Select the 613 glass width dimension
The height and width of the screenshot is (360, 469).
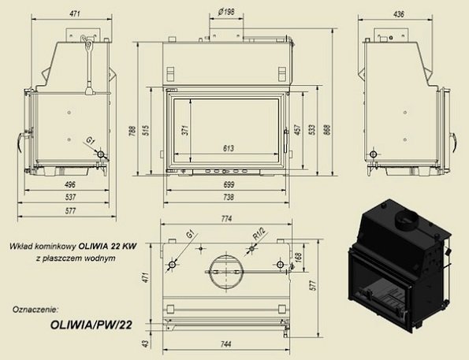pyautogui.click(x=228, y=148)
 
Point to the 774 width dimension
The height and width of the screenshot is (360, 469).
pyautogui.click(x=227, y=218)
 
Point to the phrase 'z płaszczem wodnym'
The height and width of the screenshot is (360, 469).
pyautogui.click(x=80, y=258)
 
